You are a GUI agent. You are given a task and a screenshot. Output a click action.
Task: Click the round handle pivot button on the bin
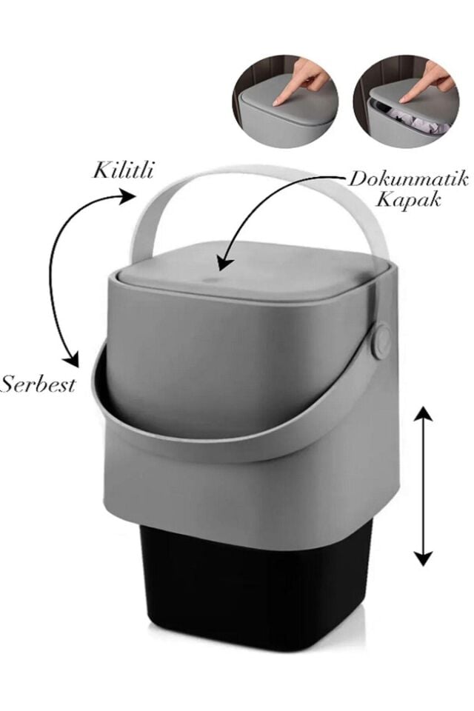coord(381,342)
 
